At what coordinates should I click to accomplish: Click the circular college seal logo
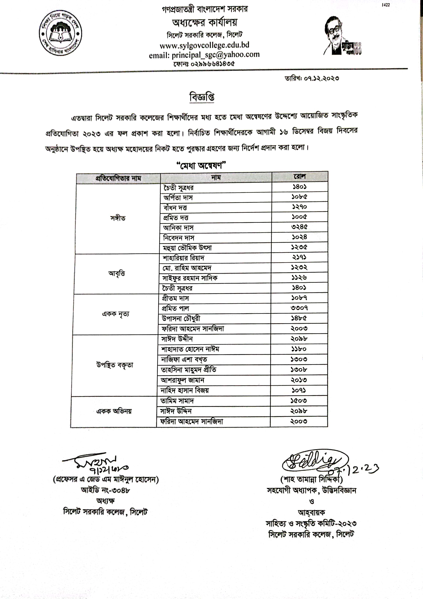coord(60,33)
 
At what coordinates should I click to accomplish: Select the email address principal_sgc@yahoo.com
coord(216,54)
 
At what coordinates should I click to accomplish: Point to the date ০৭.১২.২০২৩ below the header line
coord(321,78)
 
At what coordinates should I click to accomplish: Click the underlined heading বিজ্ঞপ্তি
coord(202,97)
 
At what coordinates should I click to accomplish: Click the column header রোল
coord(300,177)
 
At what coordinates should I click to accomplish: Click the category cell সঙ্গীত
coord(118,218)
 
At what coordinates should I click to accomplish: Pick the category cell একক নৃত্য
coord(115,314)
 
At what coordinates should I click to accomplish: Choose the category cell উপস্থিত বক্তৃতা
coord(115,365)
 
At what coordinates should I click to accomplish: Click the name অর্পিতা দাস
coord(178,198)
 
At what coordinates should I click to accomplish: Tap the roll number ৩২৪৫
coord(299,227)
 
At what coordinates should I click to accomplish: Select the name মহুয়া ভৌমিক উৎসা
coord(187,248)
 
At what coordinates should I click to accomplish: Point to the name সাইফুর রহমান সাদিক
coord(190,278)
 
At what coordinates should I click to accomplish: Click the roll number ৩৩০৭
coord(299,308)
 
